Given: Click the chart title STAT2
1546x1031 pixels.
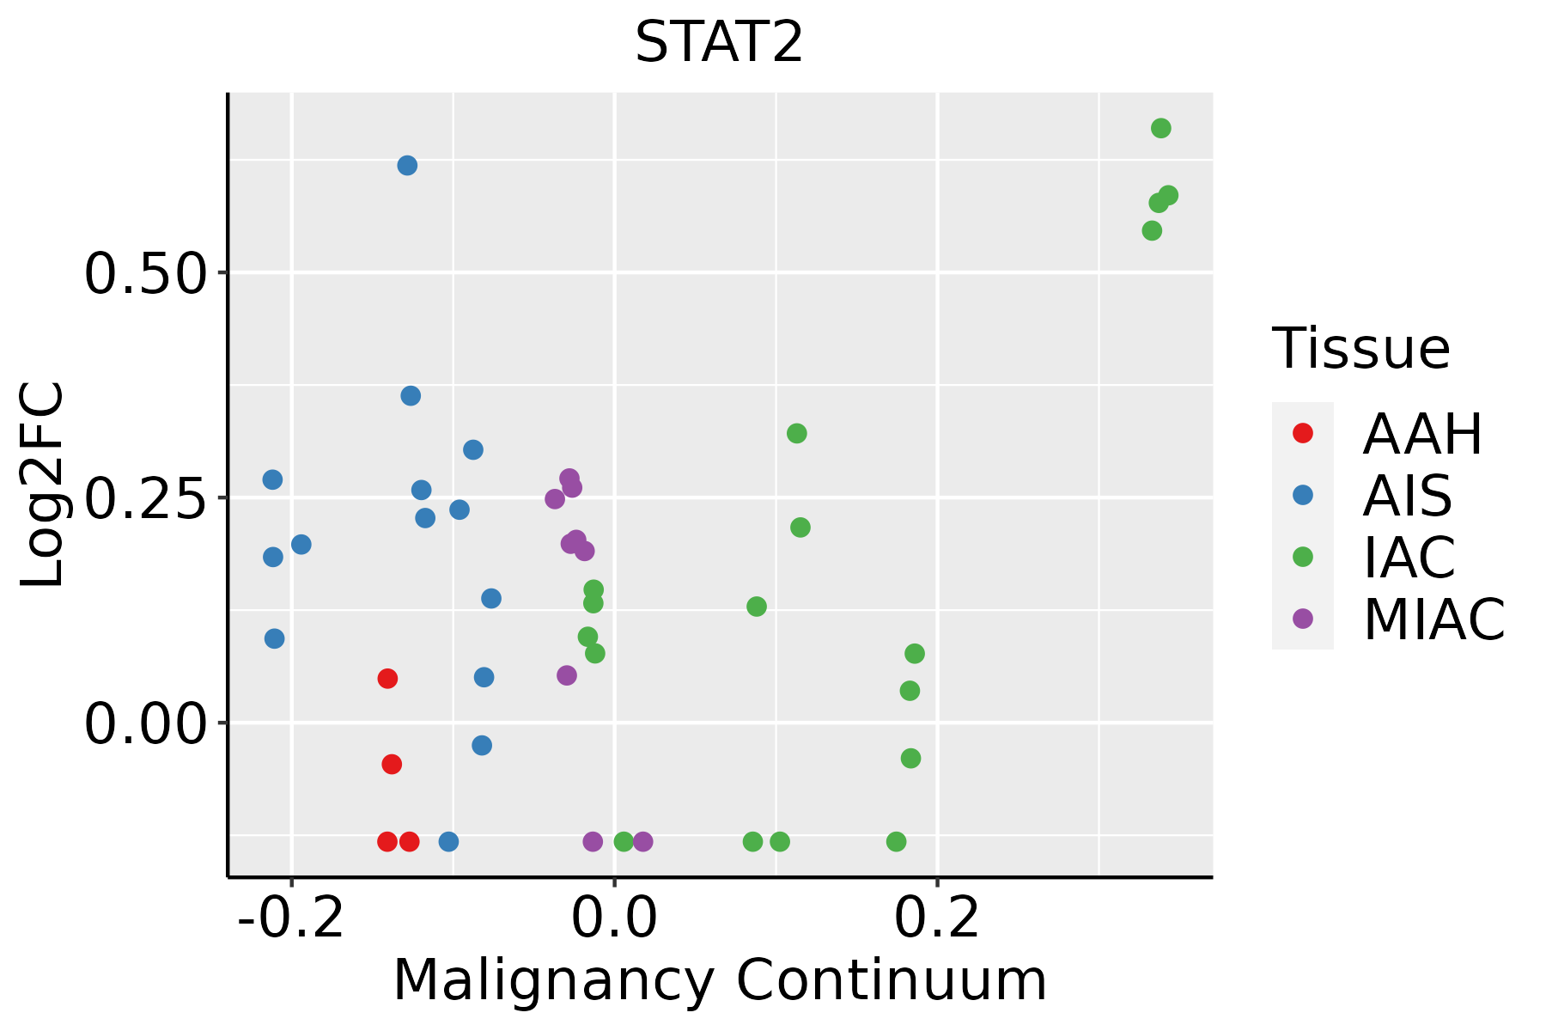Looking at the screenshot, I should click(x=719, y=43).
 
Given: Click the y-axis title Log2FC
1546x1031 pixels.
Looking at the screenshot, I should click(x=43, y=485).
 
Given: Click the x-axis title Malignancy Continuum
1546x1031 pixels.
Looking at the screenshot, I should click(x=720, y=981).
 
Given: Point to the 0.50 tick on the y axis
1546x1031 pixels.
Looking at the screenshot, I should click(x=146, y=273).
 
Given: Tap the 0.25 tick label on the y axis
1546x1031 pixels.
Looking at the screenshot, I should click(x=146, y=498).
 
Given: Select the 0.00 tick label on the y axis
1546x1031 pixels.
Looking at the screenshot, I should click(x=146, y=723).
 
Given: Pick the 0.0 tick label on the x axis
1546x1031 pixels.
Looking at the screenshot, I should click(x=615, y=919).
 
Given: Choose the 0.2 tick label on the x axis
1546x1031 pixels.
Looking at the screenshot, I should click(x=937, y=919).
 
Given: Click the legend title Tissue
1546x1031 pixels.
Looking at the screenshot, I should click(x=1360, y=349).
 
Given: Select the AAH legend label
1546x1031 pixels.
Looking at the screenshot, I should click(x=1422, y=435).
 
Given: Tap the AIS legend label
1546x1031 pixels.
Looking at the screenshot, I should click(x=1407, y=497).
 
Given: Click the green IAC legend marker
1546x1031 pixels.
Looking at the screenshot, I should click(x=1303, y=557).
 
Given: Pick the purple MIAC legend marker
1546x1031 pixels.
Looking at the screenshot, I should click(x=1303, y=619).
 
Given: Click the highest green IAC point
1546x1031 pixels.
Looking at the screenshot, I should click(x=1161, y=129).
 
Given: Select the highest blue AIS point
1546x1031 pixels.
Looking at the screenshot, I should click(x=407, y=165).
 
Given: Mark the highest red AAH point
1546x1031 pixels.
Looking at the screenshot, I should click(x=387, y=679).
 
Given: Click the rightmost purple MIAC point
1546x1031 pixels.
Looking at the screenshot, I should click(x=642, y=841).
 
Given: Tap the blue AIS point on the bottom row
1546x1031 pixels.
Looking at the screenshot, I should click(x=448, y=841).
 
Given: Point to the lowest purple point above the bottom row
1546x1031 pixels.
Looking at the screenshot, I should click(x=567, y=675).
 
